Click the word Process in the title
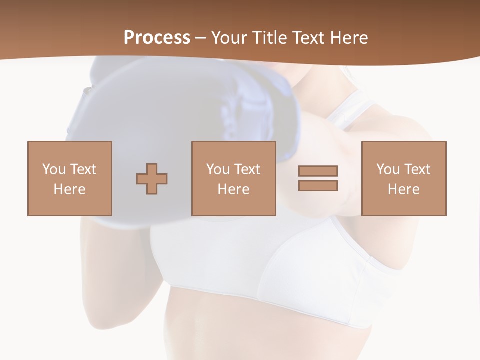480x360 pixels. click(x=157, y=37)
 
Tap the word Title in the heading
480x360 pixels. click(x=268, y=37)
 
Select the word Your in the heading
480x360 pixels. click(x=229, y=37)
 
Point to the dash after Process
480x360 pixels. click(x=200, y=38)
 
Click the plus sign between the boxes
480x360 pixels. click(x=152, y=178)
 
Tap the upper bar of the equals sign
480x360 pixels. click(x=318, y=171)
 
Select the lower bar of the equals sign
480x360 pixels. click(x=318, y=185)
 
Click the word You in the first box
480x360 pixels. click(x=54, y=169)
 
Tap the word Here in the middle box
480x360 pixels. click(x=234, y=189)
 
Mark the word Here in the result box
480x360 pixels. click(x=404, y=189)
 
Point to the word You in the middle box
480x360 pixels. click(x=218, y=169)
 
